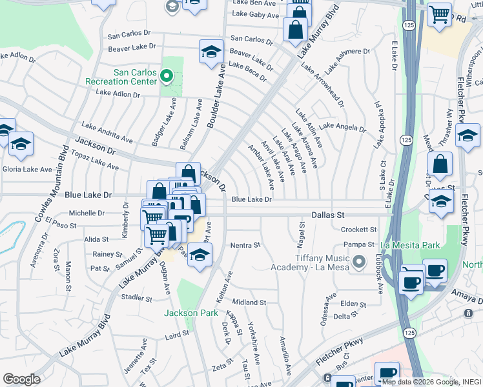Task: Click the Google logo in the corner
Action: (21, 379)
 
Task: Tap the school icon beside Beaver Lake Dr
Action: (211, 54)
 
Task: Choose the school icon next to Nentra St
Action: (200, 255)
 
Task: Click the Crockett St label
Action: (358, 230)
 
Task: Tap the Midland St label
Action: (249, 302)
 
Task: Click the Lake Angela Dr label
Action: (342, 127)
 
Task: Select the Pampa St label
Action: (360, 244)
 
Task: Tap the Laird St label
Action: (176, 335)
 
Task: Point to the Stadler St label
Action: (136, 297)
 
